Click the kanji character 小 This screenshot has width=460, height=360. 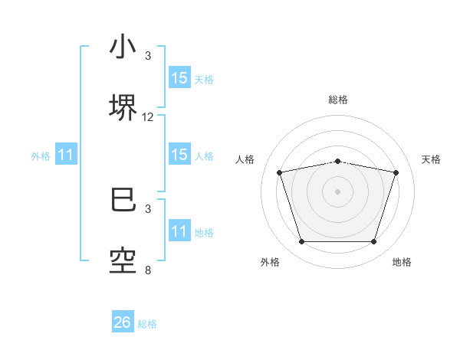tap(123, 47)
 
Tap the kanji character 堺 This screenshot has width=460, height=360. tap(123, 107)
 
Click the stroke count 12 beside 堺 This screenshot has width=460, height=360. tap(148, 117)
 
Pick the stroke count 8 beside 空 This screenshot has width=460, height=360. tap(148, 270)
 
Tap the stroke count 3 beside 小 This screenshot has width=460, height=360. tap(148, 56)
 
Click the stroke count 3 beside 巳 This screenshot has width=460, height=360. tap(148, 208)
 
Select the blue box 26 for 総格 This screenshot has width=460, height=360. tap(123, 322)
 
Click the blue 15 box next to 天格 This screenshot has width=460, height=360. tap(179, 78)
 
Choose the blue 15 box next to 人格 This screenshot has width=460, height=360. tap(179, 155)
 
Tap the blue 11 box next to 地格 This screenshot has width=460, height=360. tap(179, 231)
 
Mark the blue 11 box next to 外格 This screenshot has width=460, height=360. tap(66, 155)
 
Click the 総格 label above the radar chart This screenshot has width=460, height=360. tap(338, 100)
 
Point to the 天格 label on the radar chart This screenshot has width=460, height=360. tap(432, 159)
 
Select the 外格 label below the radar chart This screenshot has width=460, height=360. tap(270, 262)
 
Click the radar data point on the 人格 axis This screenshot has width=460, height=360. tap(280, 172)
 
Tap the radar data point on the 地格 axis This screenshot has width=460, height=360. tap(373, 242)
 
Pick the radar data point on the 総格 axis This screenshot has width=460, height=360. tap(338, 161)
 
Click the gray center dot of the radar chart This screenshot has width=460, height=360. tap(338, 191)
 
